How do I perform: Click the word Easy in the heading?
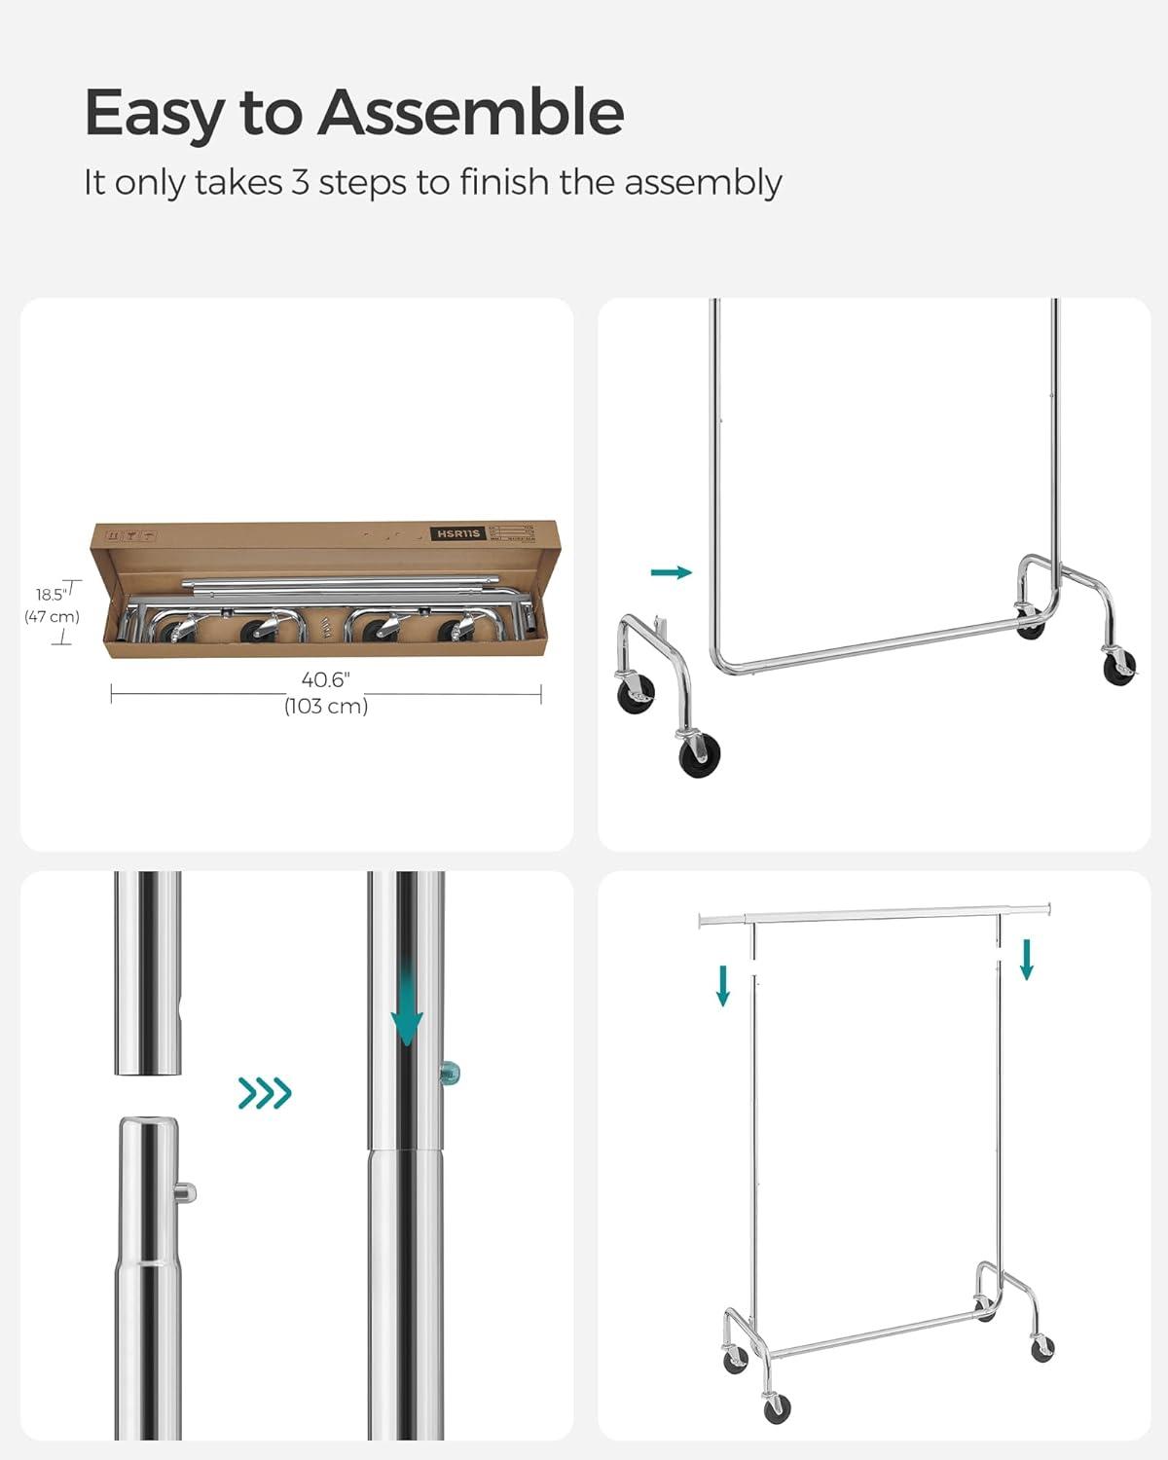tap(154, 114)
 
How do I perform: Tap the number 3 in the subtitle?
tap(300, 182)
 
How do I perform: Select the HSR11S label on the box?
tap(459, 533)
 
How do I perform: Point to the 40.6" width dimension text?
tap(325, 679)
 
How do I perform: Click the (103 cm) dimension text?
tap(326, 707)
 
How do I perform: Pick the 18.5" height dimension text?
tap(51, 594)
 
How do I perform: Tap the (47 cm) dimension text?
tap(52, 616)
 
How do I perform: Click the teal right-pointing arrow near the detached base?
tap(672, 572)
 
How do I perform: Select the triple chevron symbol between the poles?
tap(265, 1093)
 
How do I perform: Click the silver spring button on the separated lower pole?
tap(187, 1191)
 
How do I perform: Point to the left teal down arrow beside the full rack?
tap(722, 984)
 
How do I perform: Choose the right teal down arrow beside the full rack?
tap(1026, 959)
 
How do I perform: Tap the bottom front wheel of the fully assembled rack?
tap(777, 1406)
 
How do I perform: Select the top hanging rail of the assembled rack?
tap(876, 913)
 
